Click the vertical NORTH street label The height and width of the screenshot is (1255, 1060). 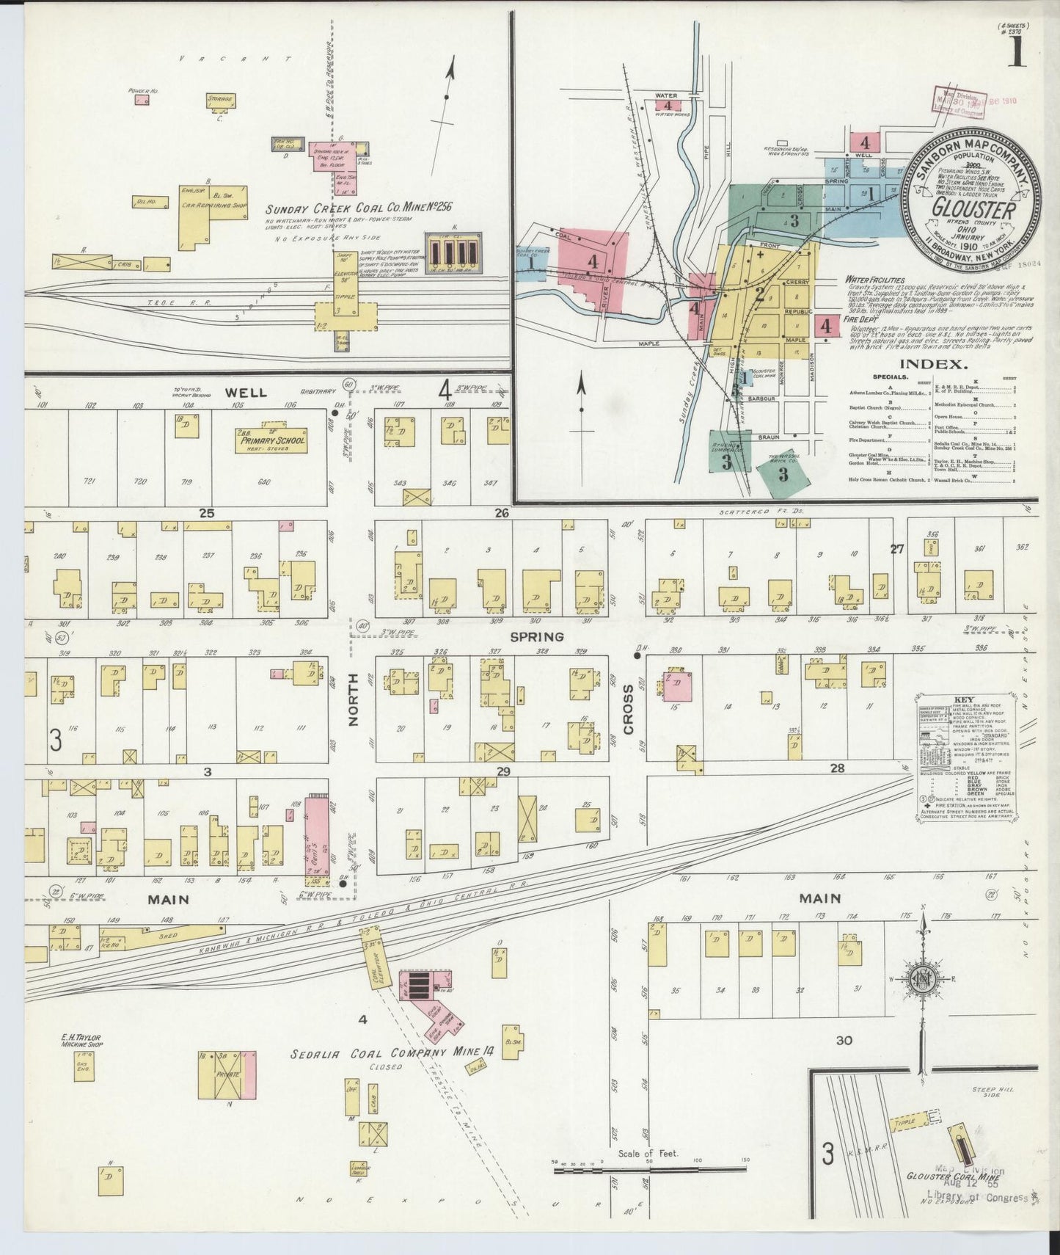(352, 710)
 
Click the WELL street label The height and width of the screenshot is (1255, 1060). (246, 393)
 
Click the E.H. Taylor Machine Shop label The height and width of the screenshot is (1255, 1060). (81, 1041)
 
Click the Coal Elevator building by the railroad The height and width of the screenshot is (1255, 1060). (373, 958)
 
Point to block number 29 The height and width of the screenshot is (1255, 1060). (502, 771)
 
